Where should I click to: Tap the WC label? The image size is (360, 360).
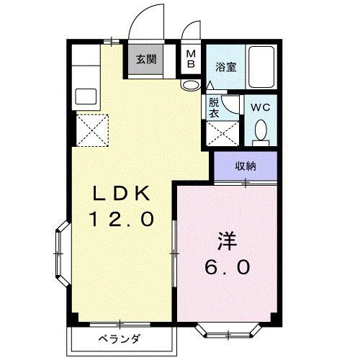click(x=260, y=108)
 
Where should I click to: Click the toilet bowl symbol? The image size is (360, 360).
click(x=261, y=131)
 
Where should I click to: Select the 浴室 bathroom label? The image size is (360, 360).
click(x=225, y=67)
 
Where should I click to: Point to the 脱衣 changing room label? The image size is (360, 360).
click(x=215, y=108)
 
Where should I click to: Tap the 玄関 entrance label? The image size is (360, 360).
click(x=146, y=60)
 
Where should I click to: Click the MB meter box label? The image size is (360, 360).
click(x=190, y=59)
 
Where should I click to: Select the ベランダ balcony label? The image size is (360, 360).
click(x=118, y=339)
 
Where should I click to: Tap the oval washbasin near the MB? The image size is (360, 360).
click(x=190, y=85)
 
